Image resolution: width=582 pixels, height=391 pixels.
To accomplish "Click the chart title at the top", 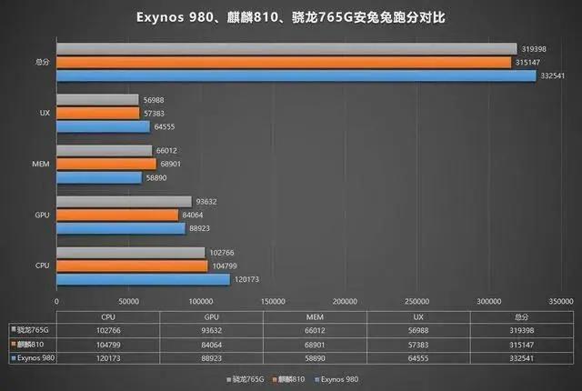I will pyautogui.click(x=291, y=17).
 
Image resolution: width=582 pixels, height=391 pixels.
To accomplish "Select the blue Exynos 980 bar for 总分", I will pyautogui.click(x=296, y=75).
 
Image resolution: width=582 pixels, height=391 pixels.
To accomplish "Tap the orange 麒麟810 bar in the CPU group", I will pyautogui.click(x=132, y=266).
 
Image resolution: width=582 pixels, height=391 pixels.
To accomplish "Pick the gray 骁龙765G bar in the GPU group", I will pyautogui.click(x=124, y=202).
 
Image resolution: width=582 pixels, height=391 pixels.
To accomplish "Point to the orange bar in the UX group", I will pyautogui.click(x=97, y=114).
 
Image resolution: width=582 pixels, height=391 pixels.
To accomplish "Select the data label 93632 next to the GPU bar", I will pyautogui.click(x=206, y=202).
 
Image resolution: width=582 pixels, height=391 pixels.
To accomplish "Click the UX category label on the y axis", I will pyautogui.click(x=44, y=114).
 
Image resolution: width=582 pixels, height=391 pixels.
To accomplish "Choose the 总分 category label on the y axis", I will pyautogui.click(x=40, y=63).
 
